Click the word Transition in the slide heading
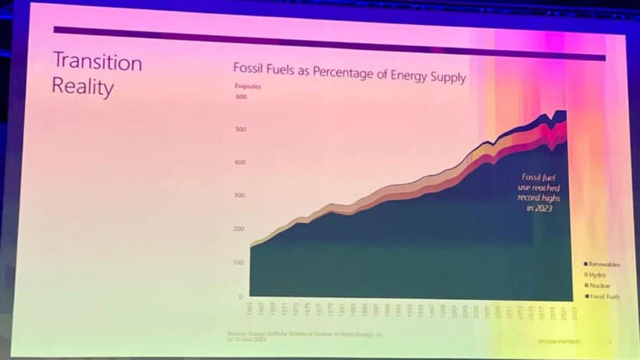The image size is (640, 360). (97, 62)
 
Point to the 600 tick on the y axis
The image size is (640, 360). (240, 97)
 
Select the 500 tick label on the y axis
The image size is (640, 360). (240, 129)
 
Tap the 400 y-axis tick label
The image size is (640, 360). (240, 162)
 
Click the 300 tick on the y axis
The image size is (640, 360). (240, 195)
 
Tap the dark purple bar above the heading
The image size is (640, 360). (328, 43)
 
